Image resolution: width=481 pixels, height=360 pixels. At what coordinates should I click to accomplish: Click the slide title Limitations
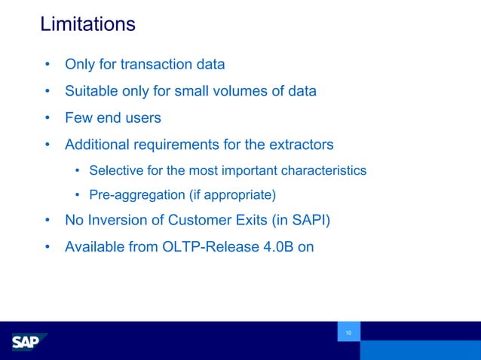pyautogui.click(x=87, y=24)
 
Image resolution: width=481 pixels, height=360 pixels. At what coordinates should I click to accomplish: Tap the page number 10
pyautogui.click(x=348, y=333)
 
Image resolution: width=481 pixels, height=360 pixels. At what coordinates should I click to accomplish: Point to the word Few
pyautogui.click(x=78, y=118)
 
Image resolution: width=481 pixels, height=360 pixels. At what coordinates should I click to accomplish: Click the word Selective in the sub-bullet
pyautogui.click(x=114, y=170)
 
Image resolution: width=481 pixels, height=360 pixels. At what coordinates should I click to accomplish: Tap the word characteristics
pyautogui.click(x=323, y=170)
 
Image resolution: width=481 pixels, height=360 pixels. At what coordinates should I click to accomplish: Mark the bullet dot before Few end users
pyautogui.click(x=47, y=118)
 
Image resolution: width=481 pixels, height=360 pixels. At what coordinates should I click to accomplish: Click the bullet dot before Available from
pyautogui.click(x=47, y=246)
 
